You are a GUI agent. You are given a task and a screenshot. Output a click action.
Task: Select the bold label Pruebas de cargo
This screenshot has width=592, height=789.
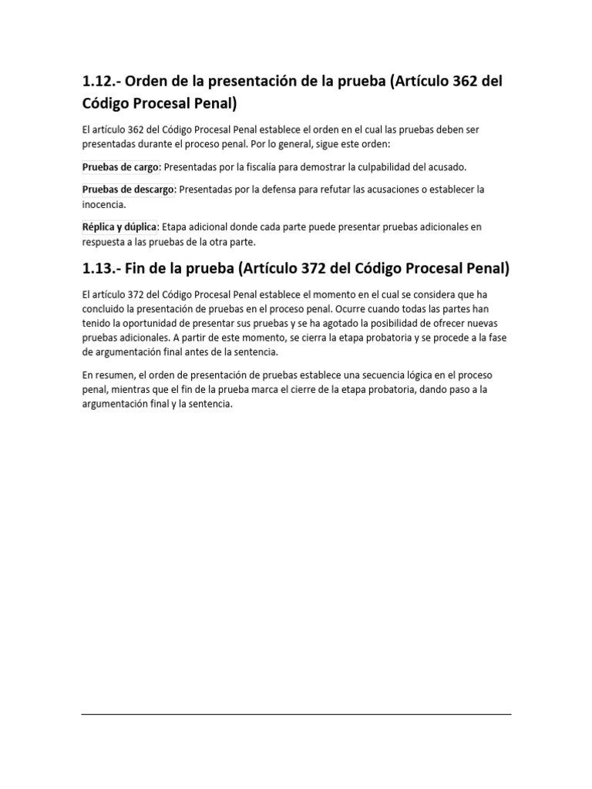pos(120,166)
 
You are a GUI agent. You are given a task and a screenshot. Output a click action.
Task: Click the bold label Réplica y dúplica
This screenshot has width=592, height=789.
pos(119,227)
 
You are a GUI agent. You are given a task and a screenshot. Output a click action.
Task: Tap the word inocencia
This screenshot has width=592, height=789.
pos(103,205)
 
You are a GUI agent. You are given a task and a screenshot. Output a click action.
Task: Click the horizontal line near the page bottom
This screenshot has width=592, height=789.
pos(296,714)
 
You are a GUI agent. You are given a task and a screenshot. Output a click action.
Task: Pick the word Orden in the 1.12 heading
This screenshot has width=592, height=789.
pos(149,82)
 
